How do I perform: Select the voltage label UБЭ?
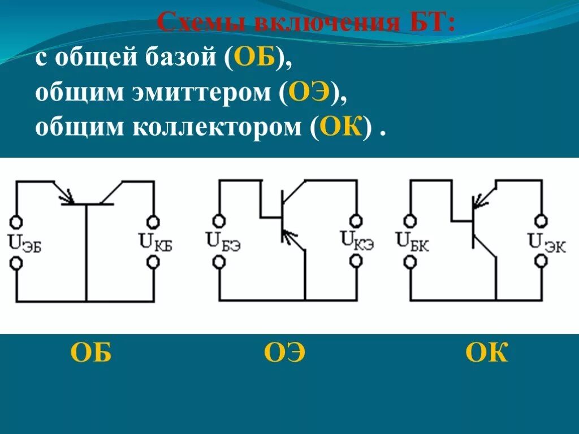224,241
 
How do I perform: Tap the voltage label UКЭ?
357,240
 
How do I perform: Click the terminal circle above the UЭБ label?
16,221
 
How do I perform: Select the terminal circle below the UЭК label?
542,261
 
